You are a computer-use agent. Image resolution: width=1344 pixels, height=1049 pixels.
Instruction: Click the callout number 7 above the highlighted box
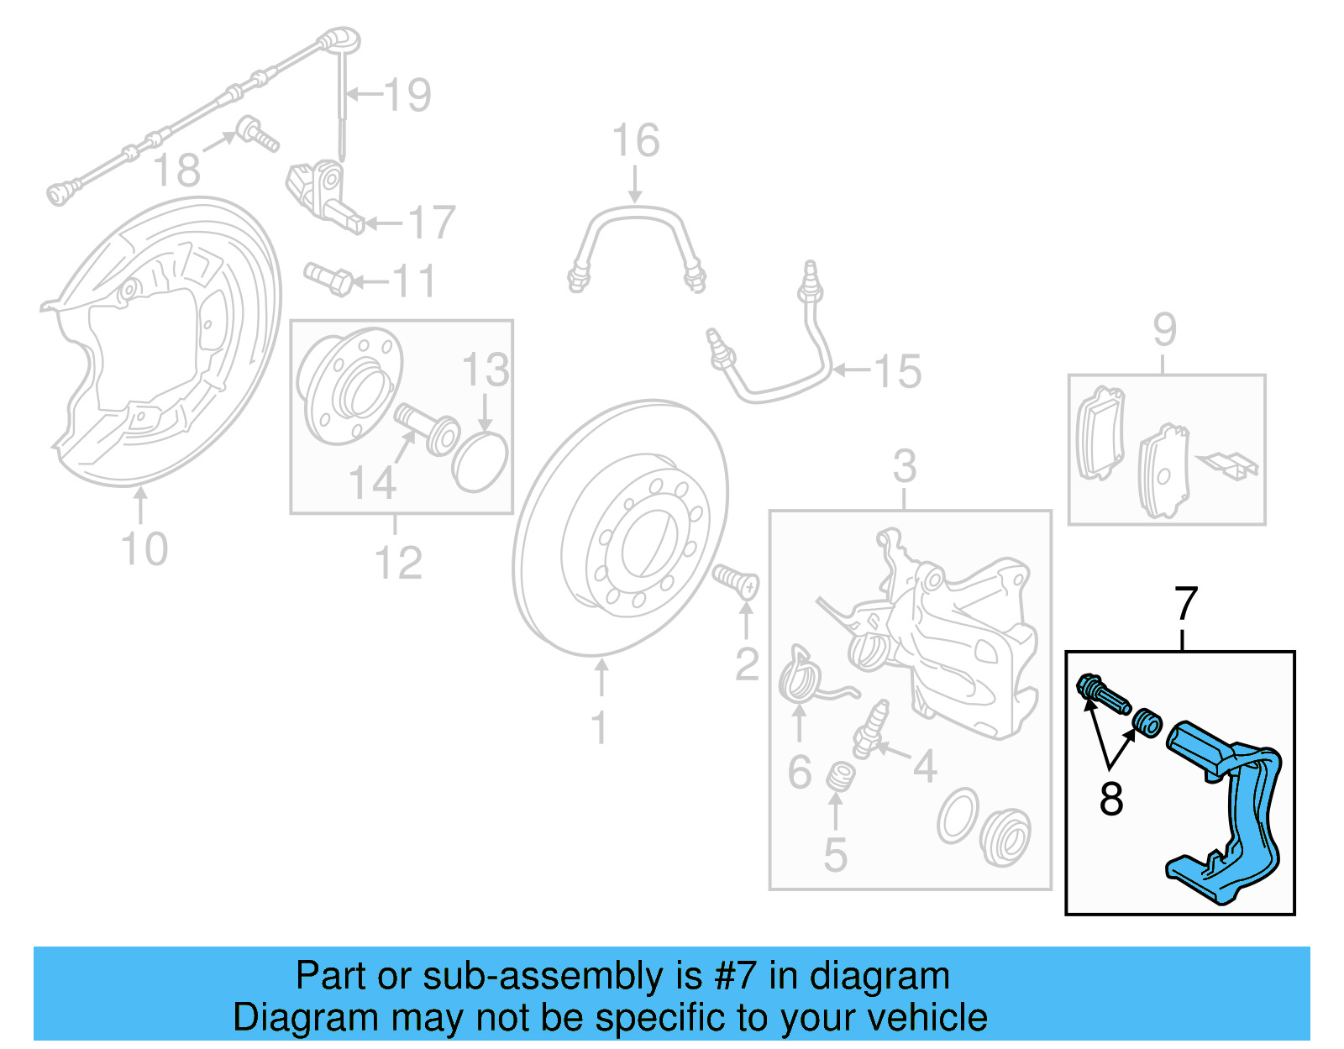pos(1185,604)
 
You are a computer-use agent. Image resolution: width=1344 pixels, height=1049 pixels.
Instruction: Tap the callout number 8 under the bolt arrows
pos(1110,799)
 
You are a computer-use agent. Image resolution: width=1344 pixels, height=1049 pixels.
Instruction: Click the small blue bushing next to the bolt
pos(1147,722)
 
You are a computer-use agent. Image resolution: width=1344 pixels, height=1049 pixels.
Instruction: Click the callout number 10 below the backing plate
pos(144,549)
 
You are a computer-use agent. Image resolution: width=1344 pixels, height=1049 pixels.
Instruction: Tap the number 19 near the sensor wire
pos(407,95)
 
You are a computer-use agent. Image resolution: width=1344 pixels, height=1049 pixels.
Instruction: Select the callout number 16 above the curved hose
pos(635,140)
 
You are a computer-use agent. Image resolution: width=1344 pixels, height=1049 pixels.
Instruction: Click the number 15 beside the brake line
pos(897,371)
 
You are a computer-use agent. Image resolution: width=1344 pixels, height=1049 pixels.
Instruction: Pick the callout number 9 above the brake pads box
pos(1164,329)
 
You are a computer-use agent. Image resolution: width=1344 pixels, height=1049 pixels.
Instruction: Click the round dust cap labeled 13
pos(480,461)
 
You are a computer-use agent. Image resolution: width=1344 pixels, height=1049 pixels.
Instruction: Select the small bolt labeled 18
pos(256,134)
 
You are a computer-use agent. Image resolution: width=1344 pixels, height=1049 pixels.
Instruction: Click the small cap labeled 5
pos(838,776)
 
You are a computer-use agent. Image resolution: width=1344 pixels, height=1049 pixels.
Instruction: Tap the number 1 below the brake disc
pos(598,728)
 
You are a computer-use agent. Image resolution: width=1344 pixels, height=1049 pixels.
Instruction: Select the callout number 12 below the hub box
pos(398,563)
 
